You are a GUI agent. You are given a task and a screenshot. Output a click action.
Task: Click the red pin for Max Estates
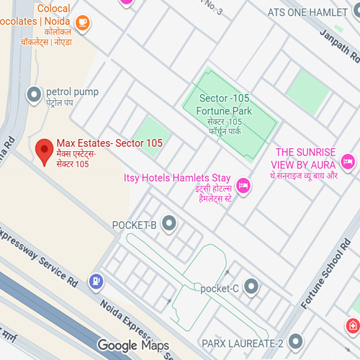tap(45, 150)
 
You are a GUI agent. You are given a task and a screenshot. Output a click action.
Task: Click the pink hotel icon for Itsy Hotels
tap(244, 186)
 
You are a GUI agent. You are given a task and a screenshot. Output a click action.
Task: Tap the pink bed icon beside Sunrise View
tap(348, 160)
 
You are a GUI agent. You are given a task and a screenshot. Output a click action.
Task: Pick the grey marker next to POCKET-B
tap(169, 225)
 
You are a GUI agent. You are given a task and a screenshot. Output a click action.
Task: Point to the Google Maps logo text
tap(133, 346)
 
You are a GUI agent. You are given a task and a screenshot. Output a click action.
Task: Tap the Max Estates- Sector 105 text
tap(109, 143)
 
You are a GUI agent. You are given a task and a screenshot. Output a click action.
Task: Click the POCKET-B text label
tap(135, 225)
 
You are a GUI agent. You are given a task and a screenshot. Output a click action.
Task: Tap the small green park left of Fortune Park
tap(153, 135)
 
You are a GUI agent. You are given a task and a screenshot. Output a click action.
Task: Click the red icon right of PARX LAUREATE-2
tap(354, 326)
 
